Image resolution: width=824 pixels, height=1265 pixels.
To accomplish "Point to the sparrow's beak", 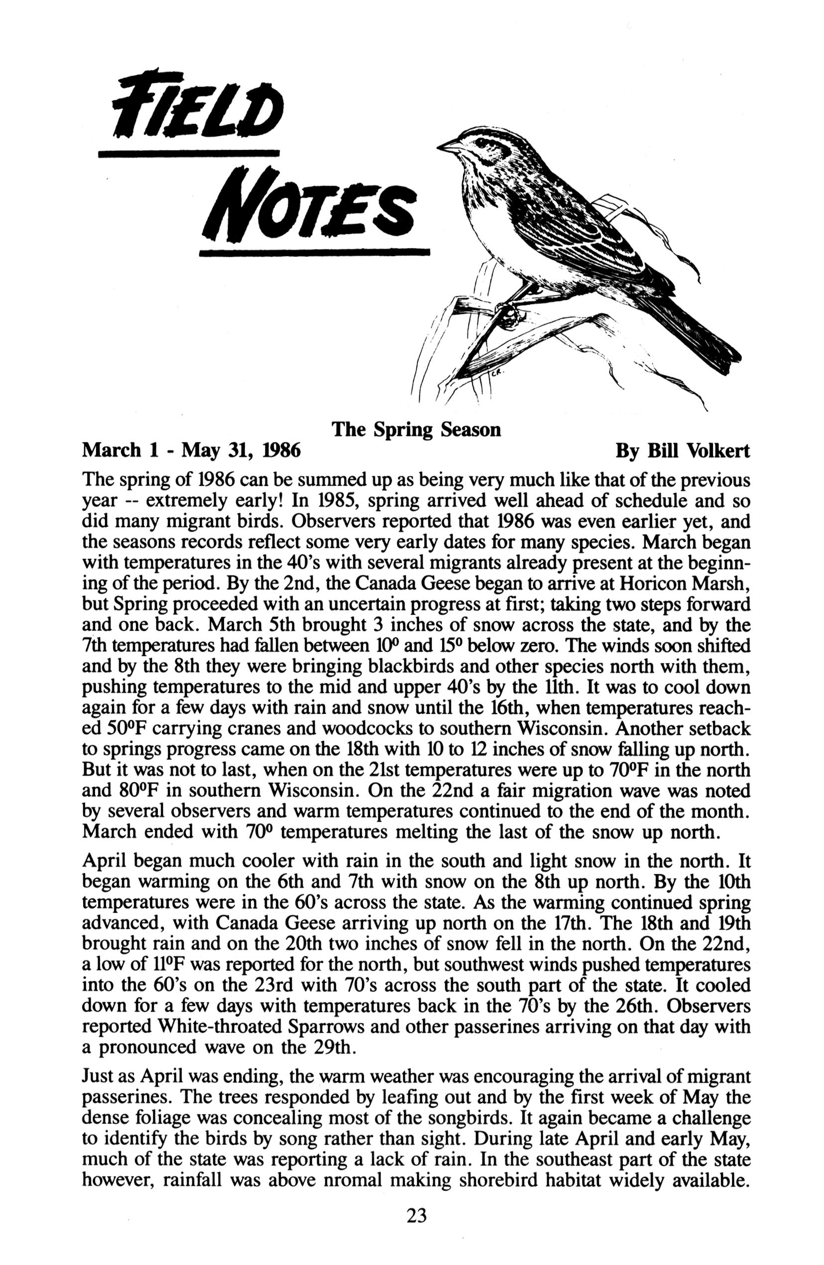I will click(450, 145).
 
